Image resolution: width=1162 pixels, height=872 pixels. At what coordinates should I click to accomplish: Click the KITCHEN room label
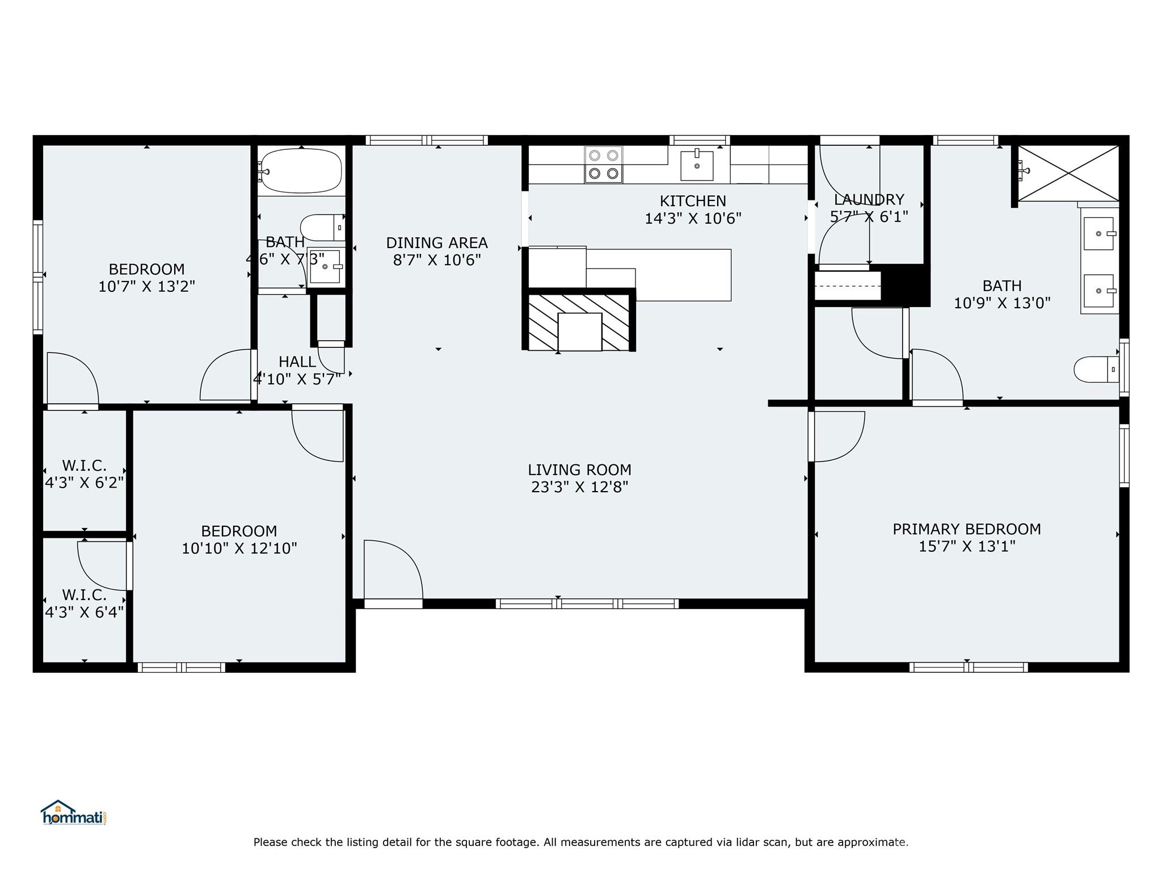click(693, 201)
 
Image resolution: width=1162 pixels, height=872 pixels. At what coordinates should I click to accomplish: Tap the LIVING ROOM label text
click(579, 470)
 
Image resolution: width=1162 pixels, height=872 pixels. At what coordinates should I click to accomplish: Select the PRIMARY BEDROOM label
click(967, 529)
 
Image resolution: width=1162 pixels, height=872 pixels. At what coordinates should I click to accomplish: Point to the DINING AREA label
click(437, 243)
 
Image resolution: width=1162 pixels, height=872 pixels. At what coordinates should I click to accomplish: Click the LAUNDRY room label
click(869, 200)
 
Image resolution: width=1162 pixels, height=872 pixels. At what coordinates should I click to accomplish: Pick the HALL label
click(297, 362)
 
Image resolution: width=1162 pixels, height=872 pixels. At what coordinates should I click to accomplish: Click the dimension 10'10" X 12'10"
click(239, 548)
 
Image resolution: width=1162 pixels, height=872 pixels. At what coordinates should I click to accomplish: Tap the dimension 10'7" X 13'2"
click(147, 286)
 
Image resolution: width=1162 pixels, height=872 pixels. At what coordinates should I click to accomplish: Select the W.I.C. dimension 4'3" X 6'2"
click(85, 483)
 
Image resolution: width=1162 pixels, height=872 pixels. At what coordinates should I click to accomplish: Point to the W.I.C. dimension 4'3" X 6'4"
click(85, 612)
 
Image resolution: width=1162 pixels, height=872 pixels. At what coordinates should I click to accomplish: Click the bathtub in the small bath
click(301, 171)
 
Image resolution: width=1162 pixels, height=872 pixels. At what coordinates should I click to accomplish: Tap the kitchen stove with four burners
click(604, 165)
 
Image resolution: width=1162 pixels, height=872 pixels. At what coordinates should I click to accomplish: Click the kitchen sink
click(697, 165)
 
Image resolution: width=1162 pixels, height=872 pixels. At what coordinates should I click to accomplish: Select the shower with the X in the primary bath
click(1068, 173)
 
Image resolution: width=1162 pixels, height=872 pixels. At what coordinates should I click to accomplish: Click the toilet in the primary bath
click(1096, 370)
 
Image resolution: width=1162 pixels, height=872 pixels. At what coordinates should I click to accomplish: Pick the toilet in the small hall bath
click(322, 228)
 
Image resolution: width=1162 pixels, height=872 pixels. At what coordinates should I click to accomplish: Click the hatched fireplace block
click(579, 321)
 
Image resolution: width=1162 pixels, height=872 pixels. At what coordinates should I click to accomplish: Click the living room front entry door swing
click(393, 570)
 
